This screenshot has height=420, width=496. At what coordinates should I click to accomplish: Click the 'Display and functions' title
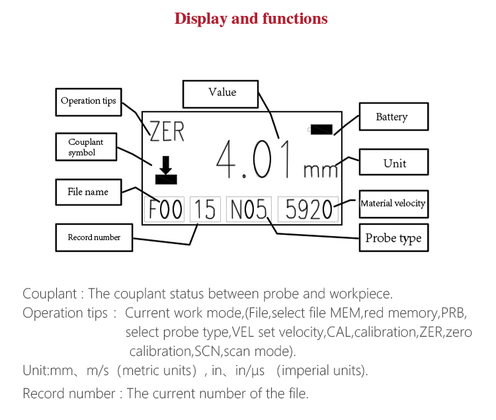click(251, 19)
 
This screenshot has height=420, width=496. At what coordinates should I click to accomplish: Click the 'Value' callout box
click(222, 93)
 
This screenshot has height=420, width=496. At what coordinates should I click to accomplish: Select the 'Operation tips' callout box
click(88, 101)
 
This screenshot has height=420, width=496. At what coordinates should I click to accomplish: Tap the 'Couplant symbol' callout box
click(86, 147)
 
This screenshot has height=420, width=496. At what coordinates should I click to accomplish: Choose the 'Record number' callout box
click(94, 237)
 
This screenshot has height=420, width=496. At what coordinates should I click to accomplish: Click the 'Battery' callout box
click(392, 117)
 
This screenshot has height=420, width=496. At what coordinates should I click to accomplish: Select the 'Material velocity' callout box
click(393, 204)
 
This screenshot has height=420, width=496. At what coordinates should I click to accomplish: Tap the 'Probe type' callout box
click(393, 238)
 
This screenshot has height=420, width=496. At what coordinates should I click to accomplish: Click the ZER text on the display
click(167, 132)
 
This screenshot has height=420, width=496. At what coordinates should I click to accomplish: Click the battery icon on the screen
click(321, 130)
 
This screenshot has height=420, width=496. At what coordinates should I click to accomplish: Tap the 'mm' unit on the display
click(321, 170)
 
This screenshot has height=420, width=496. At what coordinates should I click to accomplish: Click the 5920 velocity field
click(308, 210)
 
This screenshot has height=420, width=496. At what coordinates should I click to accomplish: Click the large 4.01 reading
click(255, 160)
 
